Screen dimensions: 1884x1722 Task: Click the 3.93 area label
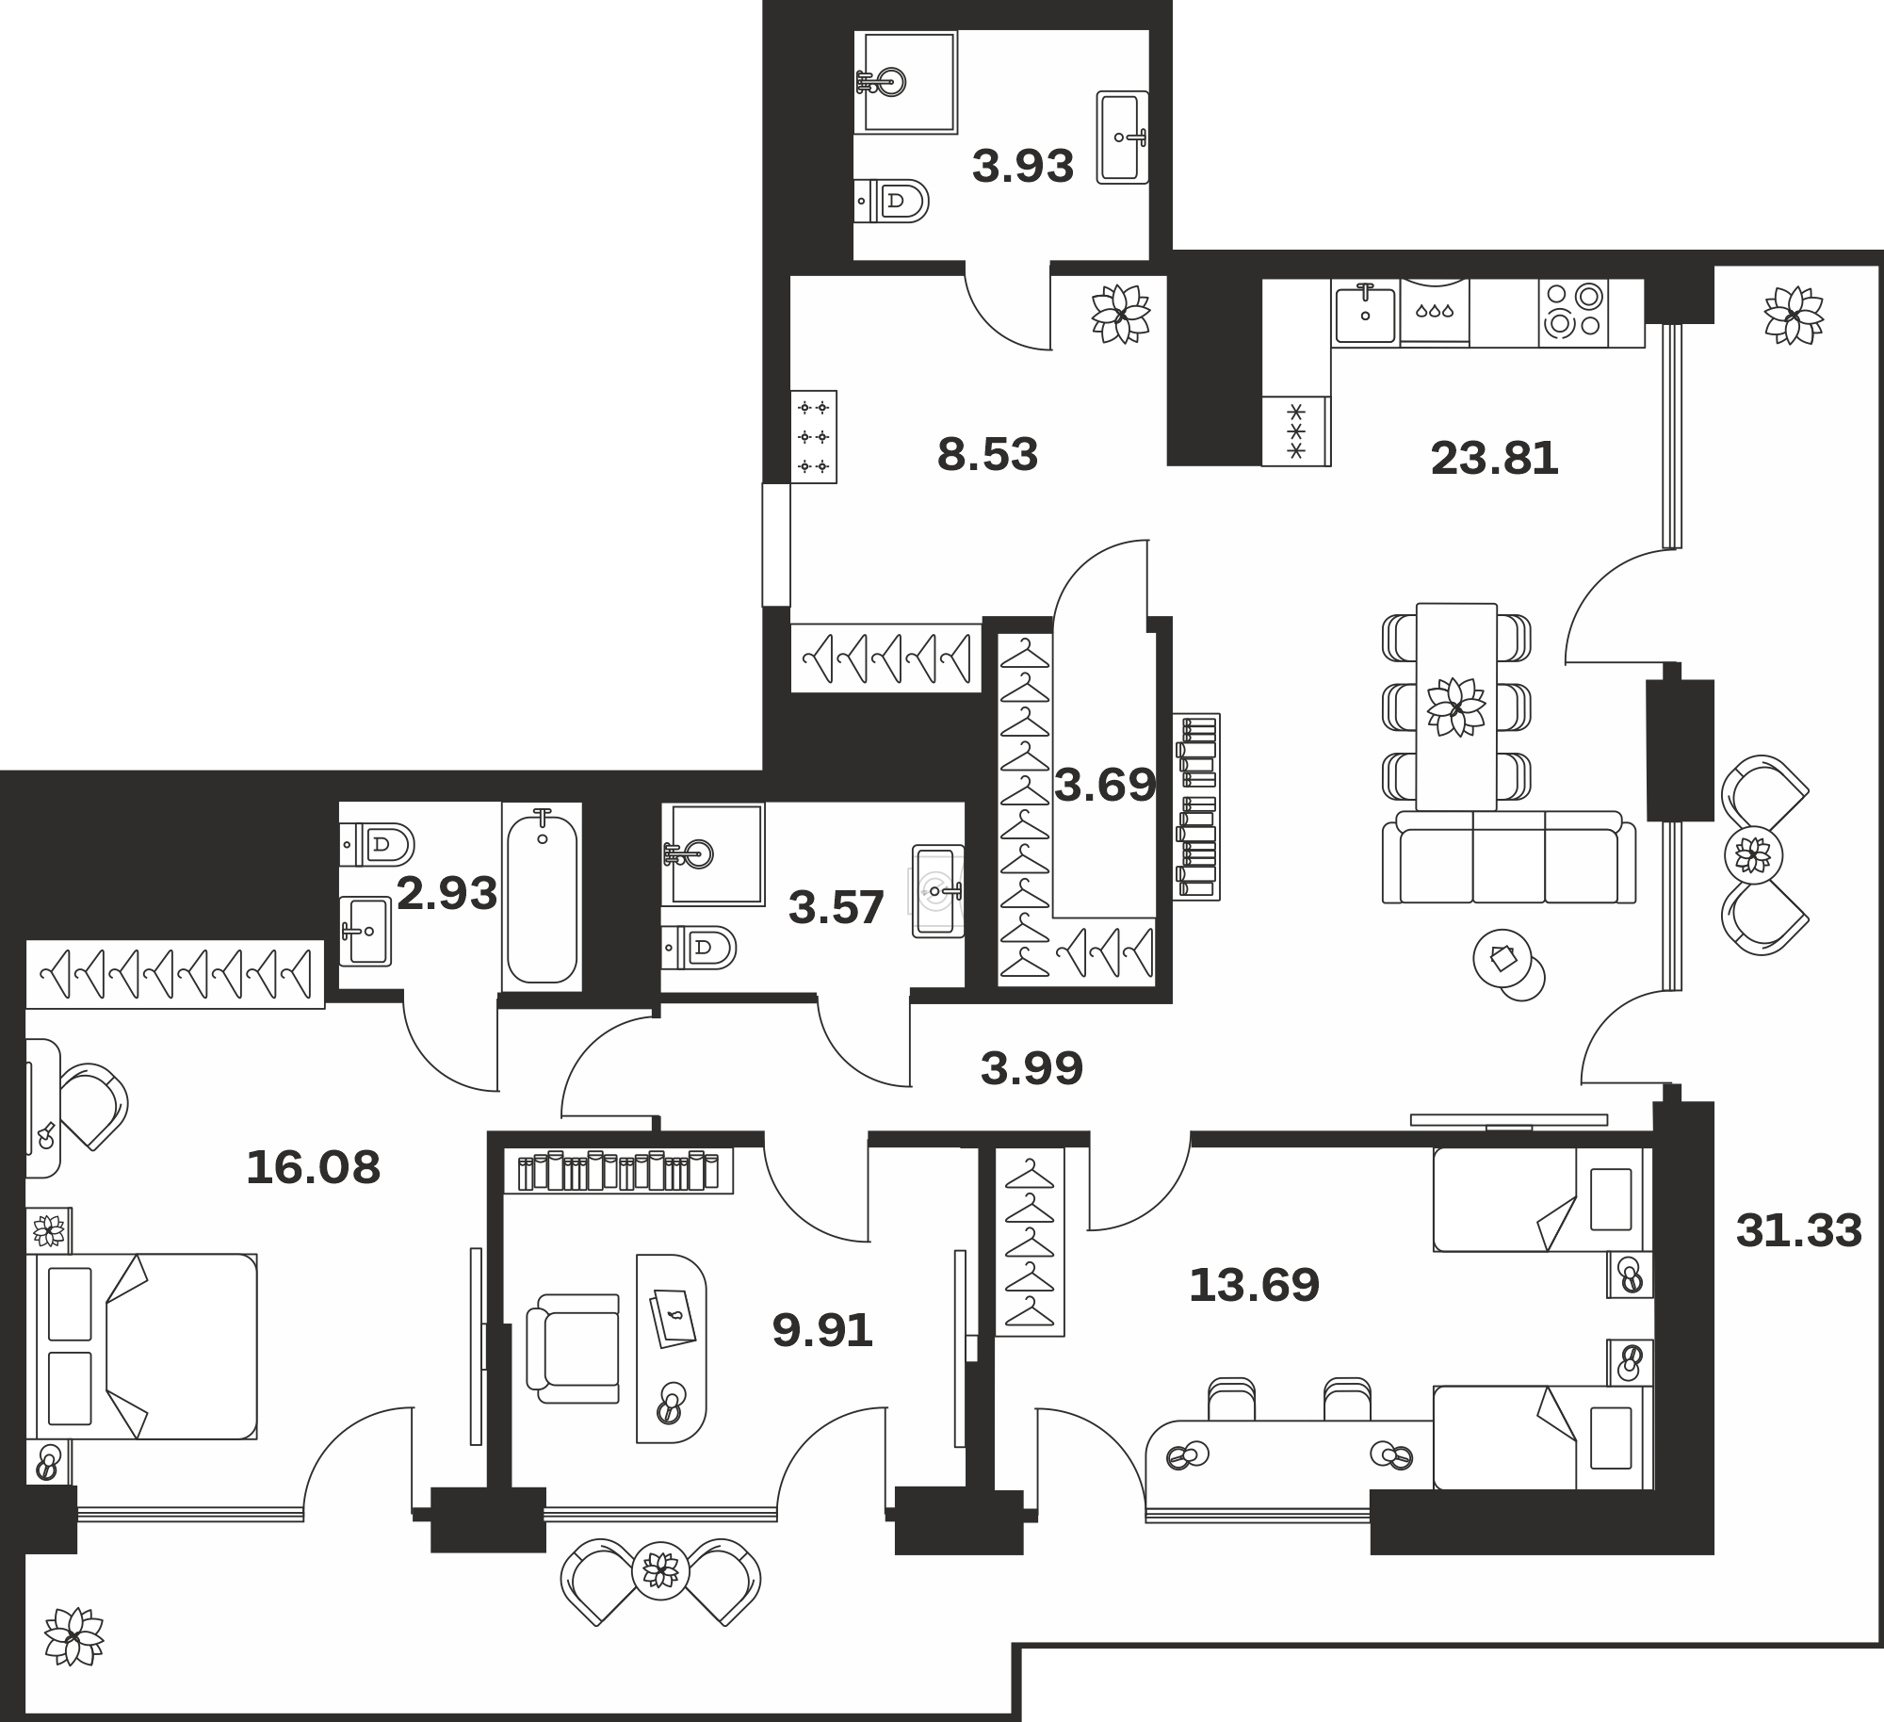click(1023, 167)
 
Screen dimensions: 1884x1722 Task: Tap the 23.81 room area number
click(1494, 459)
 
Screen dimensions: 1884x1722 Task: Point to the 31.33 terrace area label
click(1799, 1230)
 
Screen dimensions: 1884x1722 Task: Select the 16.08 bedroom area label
click(313, 1168)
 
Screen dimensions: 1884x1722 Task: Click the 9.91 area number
click(822, 1331)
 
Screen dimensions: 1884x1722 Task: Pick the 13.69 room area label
click(1254, 1285)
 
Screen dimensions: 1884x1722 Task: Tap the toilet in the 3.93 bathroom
click(891, 201)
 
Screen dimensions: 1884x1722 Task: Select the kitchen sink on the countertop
click(1365, 314)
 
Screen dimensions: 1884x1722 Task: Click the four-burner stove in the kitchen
click(1574, 312)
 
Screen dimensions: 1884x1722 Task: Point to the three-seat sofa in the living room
click(1509, 857)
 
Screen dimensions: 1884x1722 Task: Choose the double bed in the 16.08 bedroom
click(146, 1346)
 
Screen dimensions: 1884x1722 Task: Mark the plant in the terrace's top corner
click(1794, 316)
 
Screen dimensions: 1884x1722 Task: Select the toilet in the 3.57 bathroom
click(698, 948)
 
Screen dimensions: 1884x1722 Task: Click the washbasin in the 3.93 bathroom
click(1123, 138)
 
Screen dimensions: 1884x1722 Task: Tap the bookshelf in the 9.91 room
click(618, 1171)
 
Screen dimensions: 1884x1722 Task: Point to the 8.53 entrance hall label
click(987, 455)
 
